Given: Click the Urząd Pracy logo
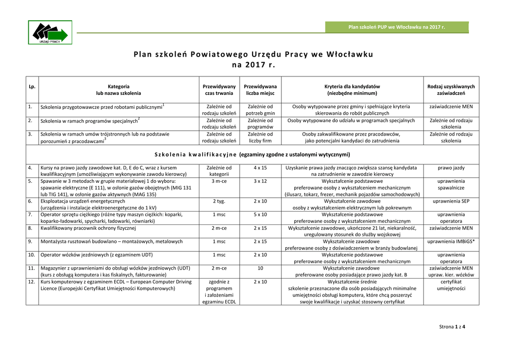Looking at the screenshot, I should (x=50, y=33).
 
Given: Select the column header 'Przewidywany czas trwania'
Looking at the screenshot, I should (x=219, y=89).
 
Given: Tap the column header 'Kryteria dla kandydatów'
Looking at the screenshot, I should (x=352, y=89).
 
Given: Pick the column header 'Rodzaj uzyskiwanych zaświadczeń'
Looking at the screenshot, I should (x=450, y=89).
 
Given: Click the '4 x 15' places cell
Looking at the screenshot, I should (x=260, y=168).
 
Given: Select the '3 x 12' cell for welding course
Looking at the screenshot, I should (x=260, y=181).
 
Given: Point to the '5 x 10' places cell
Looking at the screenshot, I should (x=260, y=215).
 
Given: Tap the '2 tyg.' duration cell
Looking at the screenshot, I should (x=219, y=201).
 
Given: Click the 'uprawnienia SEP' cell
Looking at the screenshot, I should (x=450, y=201).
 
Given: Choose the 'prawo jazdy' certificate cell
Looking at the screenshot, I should (x=450, y=168).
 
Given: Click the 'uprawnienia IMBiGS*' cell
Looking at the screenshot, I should (x=450, y=241).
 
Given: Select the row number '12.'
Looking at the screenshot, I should (x=31, y=282).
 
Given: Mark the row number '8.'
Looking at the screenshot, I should (x=30, y=228).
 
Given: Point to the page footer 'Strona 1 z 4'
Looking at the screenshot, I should (x=452, y=326).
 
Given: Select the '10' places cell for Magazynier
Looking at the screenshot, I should (x=260, y=268).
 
